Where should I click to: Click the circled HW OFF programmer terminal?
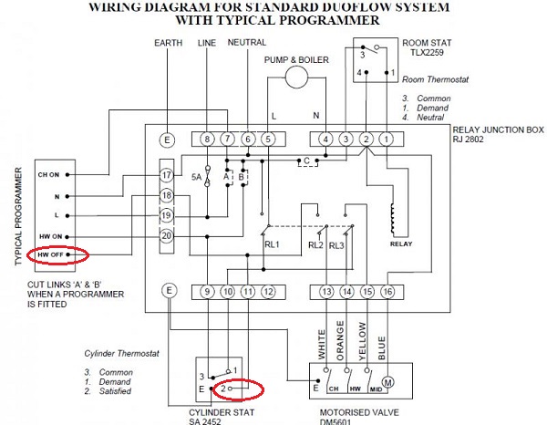click(x=51, y=256)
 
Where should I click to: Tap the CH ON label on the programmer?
click(x=48, y=174)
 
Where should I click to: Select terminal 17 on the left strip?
click(x=166, y=174)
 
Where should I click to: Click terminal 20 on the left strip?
click(x=166, y=236)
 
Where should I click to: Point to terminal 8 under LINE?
click(x=208, y=139)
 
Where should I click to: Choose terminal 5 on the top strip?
click(x=267, y=139)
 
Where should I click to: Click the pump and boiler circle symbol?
click(x=296, y=78)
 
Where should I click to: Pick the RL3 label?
click(x=336, y=244)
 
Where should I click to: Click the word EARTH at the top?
click(x=168, y=43)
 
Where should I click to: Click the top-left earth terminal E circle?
click(x=166, y=140)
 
